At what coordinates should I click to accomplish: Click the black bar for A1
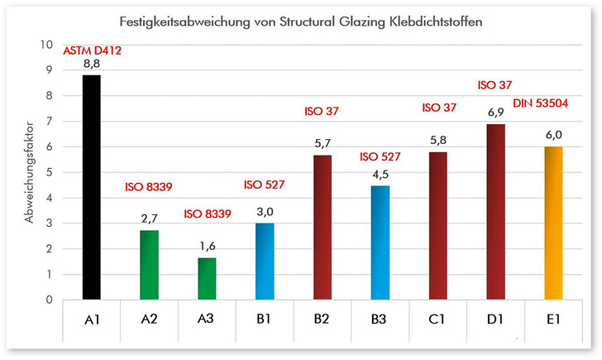click(x=91, y=187)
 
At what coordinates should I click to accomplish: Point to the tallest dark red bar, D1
click(x=495, y=212)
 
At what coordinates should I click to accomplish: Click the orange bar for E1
click(x=553, y=223)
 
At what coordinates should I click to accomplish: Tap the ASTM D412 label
click(x=91, y=51)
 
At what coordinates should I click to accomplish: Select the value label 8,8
click(x=91, y=65)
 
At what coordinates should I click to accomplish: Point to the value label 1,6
click(x=207, y=247)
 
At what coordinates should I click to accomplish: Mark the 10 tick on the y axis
click(x=46, y=45)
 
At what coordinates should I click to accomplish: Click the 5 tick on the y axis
click(x=49, y=172)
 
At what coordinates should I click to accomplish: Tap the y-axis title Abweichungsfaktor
click(x=30, y=172)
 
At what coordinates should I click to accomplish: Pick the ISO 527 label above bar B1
click(x=265, y=184)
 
